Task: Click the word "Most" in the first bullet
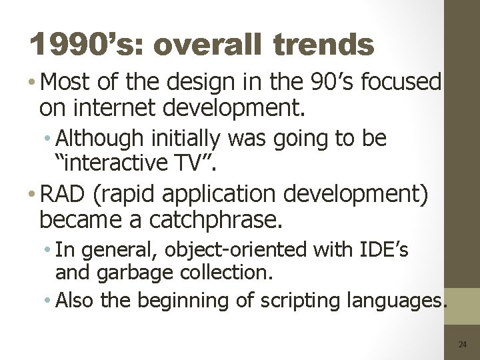click(67, 83)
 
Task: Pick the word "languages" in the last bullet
click(393, 301)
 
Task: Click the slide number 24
click(463, 345)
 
